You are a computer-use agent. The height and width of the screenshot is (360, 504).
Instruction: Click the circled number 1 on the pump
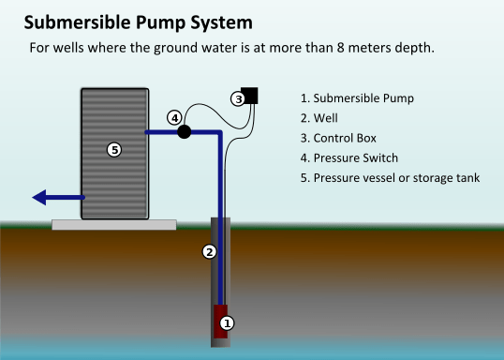(x=226, y=322)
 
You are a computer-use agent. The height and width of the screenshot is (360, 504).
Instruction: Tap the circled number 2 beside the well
(x=210, y=251)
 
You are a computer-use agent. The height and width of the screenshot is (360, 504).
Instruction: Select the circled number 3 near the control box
(x=239, y=98)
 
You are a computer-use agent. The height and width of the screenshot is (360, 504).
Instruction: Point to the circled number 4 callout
(x=174, y=117)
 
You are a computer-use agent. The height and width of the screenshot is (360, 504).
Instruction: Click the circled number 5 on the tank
(x=114, y=149)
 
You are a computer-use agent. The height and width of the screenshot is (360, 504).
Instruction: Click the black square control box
(x=250, y=95)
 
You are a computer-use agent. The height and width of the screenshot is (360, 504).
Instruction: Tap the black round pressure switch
(x=185, y=131)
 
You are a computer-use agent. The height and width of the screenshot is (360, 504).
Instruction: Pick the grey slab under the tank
(x=113, y=224)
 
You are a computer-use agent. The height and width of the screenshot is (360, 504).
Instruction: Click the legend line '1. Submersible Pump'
(x=357, y=98)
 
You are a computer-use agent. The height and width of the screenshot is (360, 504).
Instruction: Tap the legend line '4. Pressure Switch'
(x=349, y=157)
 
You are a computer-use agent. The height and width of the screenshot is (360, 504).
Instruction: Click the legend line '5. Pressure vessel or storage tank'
(x=391, y=177)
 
